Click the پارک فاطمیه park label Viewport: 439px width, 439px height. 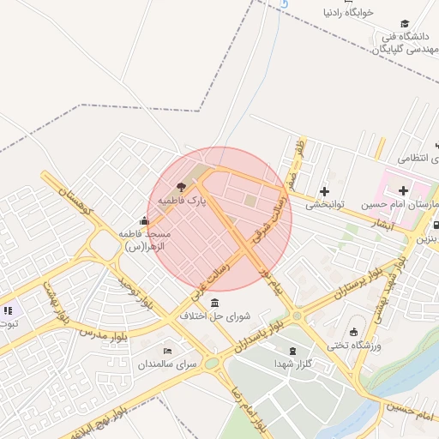click(183, 201)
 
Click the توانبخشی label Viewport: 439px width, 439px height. click(325, 205)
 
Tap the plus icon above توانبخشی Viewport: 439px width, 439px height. click(324, 191)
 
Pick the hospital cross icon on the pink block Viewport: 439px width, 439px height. click(403, 189)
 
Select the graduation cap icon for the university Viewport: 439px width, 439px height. click(405, 24)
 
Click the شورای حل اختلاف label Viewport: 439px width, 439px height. click(214, 316)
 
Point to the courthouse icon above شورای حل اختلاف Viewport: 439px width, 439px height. click(213, 303)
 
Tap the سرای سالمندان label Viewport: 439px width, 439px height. click(168, 364)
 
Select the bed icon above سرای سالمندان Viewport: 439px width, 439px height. click(167, 350)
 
